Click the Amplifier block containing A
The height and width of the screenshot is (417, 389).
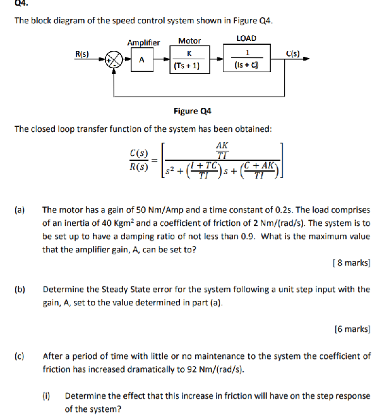point(141,61)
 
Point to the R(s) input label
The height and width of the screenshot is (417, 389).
point(82,54)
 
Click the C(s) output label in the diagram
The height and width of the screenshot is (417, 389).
point(292,54)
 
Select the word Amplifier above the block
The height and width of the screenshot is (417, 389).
point(143,42)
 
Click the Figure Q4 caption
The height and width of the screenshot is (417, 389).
point(192,111)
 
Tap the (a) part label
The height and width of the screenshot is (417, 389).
point(20,209)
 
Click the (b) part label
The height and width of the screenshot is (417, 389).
point(20,290)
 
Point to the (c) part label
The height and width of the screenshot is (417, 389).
point(20,356)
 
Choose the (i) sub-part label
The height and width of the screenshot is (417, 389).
point(46,396)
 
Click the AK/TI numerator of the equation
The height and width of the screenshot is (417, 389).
point(222,150)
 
